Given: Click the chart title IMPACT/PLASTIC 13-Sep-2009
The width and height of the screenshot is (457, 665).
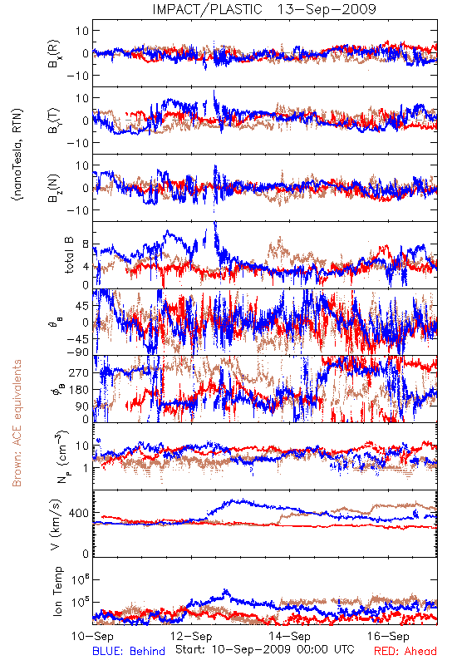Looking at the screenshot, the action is pyautogui.click(x=264, y=9).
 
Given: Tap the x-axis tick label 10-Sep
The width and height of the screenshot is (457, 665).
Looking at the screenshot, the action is pyautogui.click(x=92, y=636).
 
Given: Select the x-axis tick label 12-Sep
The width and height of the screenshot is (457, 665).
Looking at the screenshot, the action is pyautogui.click(x=191, y=636).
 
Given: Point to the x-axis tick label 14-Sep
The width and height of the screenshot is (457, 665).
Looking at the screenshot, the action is pyautogui.click(x=289, y=636).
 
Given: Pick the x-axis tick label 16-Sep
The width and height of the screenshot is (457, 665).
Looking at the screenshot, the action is pyautogui.click(x=388, y=636).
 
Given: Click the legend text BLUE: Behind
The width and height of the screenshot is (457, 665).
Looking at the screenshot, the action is pyautogui.click(x=129, y=651).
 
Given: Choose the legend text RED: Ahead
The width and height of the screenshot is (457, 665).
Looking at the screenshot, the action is pyautogui.click(x=405, y=651).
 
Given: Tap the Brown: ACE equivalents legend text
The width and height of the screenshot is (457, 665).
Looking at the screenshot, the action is pyautogui.click(x=17, y=423).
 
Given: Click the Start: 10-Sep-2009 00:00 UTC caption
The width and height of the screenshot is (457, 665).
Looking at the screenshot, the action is pyautogui.click(x=264, y=649).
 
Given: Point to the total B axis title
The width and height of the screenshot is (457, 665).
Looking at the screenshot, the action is pyautogui.click(x=69, y=255).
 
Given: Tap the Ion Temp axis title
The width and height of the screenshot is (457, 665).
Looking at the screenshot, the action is pyautogui.click(x=57, y=591).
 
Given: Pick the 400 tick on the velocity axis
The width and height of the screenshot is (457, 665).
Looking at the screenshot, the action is pyautogui.click(x=78, y=513).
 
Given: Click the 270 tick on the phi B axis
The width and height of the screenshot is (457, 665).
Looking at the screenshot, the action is pyautogui.click(x=79, y=372).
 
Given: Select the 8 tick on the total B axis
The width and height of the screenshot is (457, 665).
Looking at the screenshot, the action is pyautogui.click(x=86, y=244).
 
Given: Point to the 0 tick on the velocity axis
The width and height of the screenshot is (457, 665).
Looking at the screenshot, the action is pyautogui.click(x=86, y=554).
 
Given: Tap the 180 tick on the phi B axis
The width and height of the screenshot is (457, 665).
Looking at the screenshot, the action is pyautogui.click(x=79, y=390).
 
